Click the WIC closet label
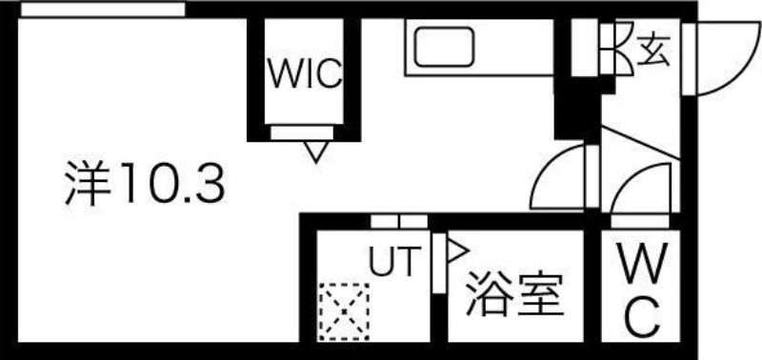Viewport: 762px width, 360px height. (x=304, y=75)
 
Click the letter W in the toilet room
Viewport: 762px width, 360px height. (x=644, y=263)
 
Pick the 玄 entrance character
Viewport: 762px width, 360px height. (x=654, y=48)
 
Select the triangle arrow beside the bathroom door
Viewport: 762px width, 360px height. (x=456, y=251)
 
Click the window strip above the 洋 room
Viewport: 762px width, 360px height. (x=103, y=10)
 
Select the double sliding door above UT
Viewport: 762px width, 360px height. (x=398, y=222)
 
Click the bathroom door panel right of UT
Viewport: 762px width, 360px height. (x=438, y=264)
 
